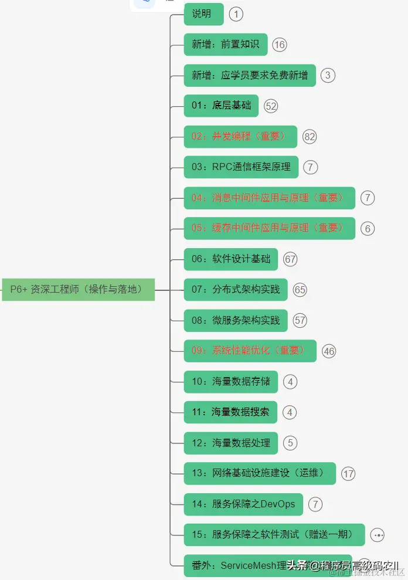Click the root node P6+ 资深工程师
click(x=78, y=290)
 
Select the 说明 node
click(x=203, y=14)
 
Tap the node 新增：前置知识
click(x=225, y=45)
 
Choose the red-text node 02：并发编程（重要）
click(x=240, y=137)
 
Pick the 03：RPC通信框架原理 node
click(x=241, y=167)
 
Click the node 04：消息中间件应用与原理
click(x=269, y=198)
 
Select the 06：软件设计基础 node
click(x=231, y=259)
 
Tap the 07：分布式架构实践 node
click(x=236, y=290)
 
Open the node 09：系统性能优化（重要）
click(x=250, y=351)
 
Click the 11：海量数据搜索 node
click(x=230, y=412)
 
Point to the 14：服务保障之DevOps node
click(x=243, y=504)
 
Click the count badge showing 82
click(x=310, y=137)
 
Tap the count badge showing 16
click(x=280, y=45)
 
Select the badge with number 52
click(x=271, y=106)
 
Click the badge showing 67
click(x=290, y=259)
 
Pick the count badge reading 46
click(x=329, y=351)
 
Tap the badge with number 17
click(x=349, y=474)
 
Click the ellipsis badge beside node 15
click(x=378, y=535)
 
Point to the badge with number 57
click(x=300, y=321)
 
